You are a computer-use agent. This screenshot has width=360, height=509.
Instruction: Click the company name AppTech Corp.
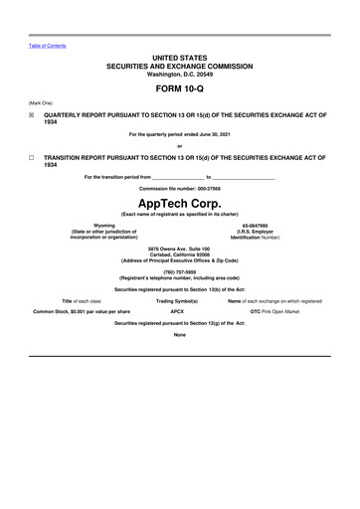pyautogui.click(x=180, y=202)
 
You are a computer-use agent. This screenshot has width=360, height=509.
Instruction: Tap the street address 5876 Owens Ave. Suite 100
pyautogui.click(x=180, y=248)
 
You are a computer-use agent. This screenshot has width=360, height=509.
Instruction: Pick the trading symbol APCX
pyautogui.click(x=177, y=311)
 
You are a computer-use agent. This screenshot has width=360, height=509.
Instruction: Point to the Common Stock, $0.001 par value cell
pyautogui.click(x=82, y=311)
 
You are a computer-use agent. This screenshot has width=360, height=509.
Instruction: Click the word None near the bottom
pyautogui.click(x=180, y=334)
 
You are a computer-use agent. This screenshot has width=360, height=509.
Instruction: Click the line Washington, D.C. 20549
pyautogui.click(x=180, y=74)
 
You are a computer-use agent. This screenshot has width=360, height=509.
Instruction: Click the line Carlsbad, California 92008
pyautogui.click(x=180, y=254)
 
